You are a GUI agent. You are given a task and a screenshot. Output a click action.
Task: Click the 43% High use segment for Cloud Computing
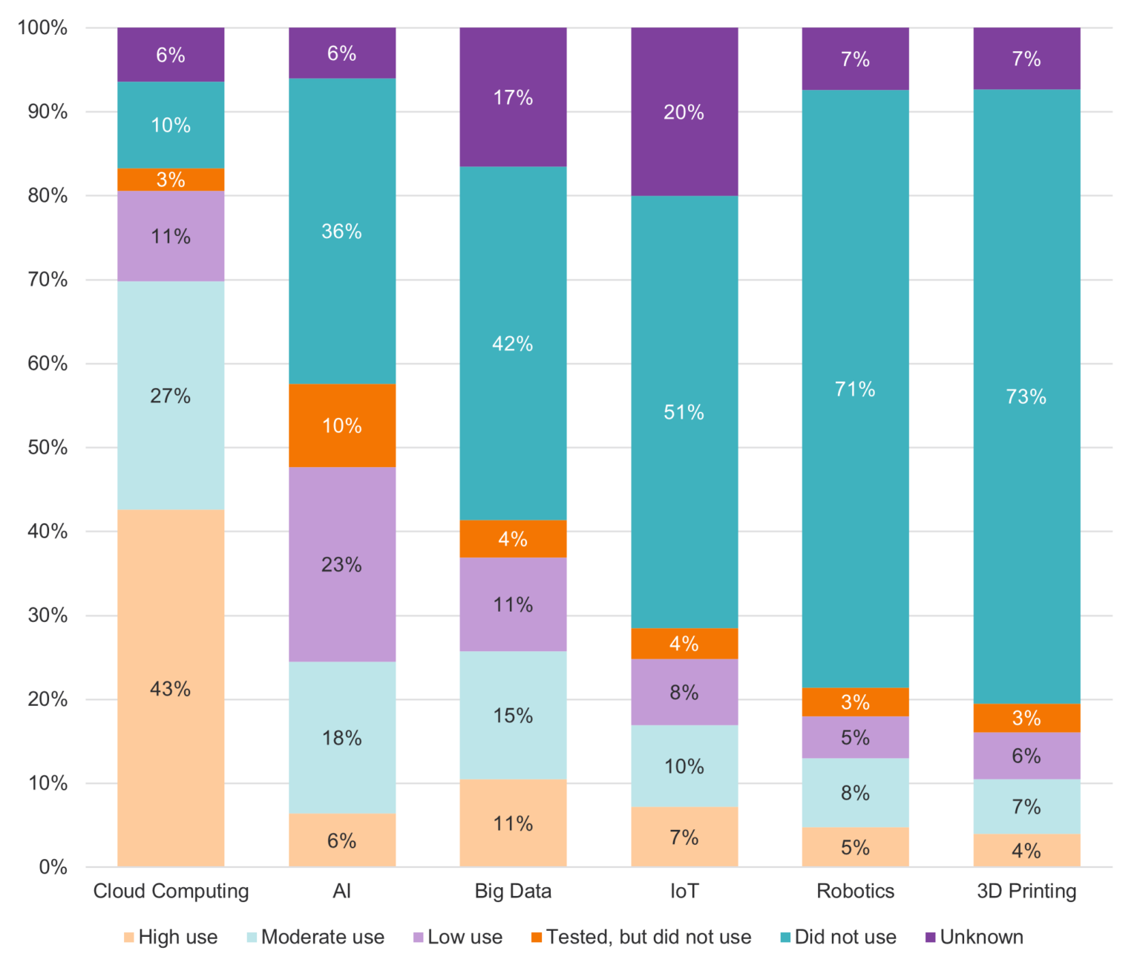(x=171, y=688)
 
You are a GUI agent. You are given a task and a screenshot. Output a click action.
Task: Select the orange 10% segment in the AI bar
(x=341, y=425)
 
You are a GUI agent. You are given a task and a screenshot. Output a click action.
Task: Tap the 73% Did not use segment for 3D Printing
(x=1026, y=396)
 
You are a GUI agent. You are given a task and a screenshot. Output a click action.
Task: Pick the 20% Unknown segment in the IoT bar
(x=684, y=112)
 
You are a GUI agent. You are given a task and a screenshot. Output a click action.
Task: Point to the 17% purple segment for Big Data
(x=513, y=97)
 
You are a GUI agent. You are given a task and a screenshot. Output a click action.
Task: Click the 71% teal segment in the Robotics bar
(x=855, y=389)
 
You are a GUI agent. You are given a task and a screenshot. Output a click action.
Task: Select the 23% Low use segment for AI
(x=341, y=564)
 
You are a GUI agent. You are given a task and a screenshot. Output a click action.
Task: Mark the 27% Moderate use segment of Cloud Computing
(x=171, y=396)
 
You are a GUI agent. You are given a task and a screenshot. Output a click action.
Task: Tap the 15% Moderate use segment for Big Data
(x=513, y=715)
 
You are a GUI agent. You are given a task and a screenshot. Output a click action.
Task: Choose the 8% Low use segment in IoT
(x=684, y=692)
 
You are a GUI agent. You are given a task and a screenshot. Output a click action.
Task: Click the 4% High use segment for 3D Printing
(x=1026, y=851)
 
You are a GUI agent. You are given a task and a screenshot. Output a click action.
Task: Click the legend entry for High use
(x=171, y=938)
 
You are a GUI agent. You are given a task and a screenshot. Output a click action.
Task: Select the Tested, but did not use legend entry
(x=641, y=938)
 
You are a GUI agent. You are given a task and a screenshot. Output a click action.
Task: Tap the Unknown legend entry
(x=974, y=938)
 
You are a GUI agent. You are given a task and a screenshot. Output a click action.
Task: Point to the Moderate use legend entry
(x=315, y=938)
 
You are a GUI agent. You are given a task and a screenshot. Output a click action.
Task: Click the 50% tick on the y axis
(x=47, y=448)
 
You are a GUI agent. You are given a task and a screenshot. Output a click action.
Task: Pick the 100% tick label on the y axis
(x=42, y=28)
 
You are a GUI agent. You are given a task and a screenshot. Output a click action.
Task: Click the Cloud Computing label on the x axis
(x=171, y=891)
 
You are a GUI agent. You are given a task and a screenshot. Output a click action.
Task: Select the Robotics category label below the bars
(x=855, y=891)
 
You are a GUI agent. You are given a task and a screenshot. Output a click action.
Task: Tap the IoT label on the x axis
(x=684, y=891)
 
